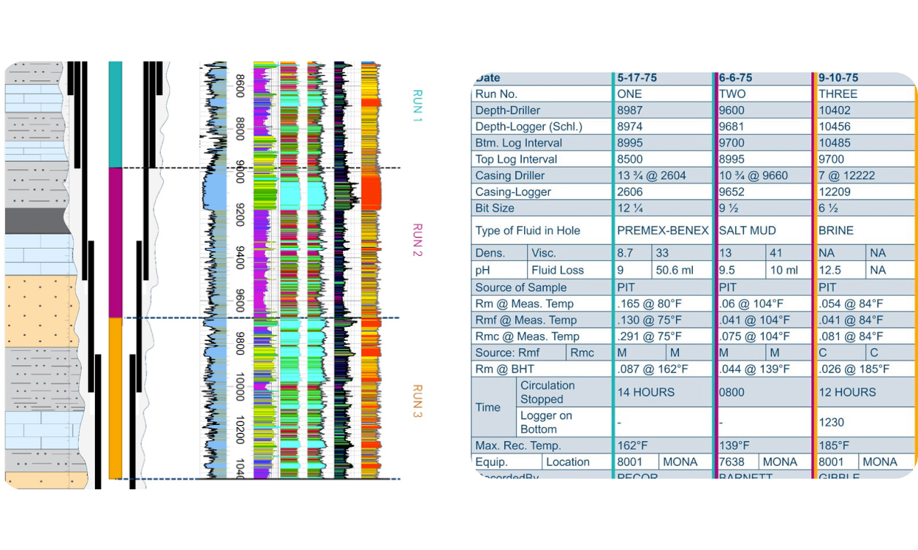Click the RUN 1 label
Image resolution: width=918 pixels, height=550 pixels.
coord(417,105)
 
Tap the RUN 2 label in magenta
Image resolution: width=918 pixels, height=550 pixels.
coord(417,240)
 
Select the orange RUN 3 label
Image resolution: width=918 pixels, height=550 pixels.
coord(417,402)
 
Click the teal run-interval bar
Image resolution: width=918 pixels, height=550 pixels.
coord(115,114)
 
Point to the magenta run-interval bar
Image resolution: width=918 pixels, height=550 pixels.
coord(115,242)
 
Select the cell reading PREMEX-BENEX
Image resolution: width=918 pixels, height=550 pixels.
coord(663,230)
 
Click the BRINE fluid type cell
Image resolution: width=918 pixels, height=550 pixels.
coord(836,230)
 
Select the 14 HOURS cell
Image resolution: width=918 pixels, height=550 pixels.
coord(646,392)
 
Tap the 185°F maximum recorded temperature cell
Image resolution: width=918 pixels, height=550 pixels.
coord(834,445)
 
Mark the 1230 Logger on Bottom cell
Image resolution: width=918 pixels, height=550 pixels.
coord(832,422)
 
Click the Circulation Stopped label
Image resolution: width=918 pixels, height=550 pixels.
coord(547,392)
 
